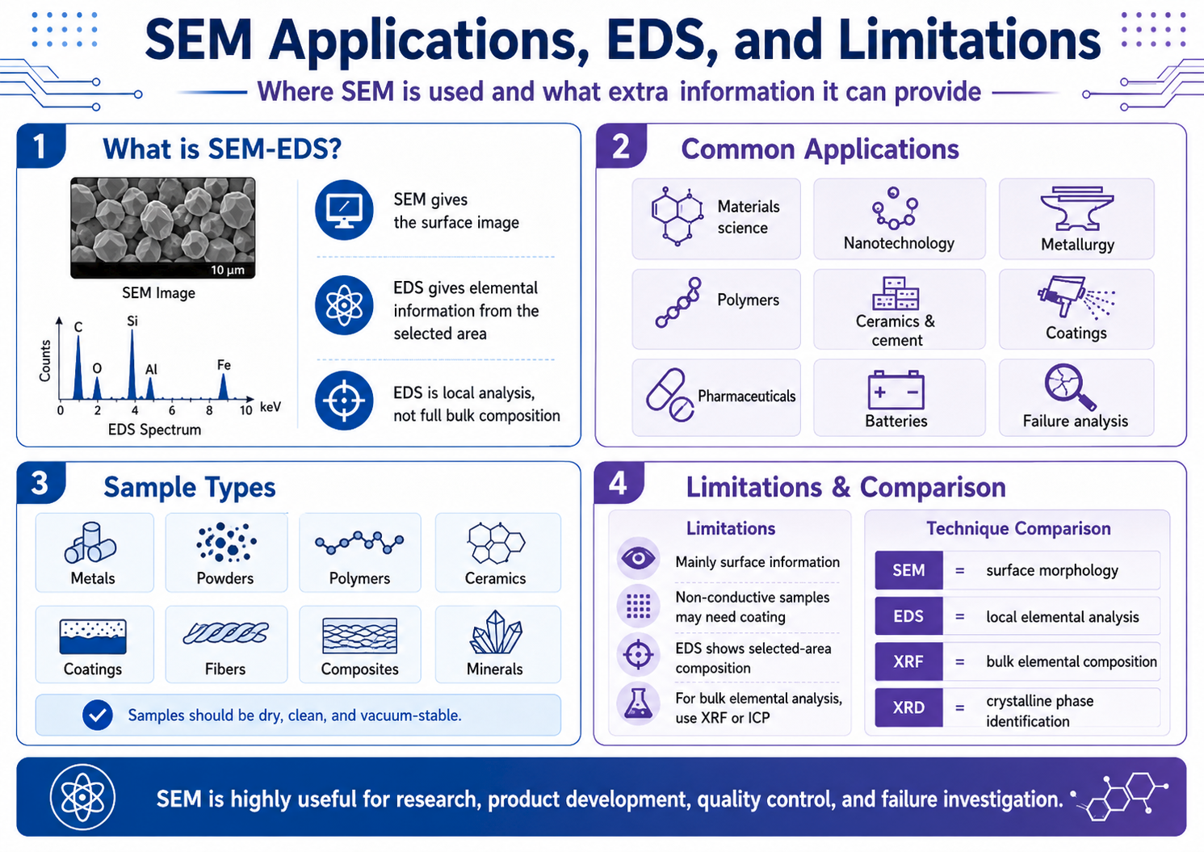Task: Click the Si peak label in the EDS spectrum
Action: [x=132, y=321]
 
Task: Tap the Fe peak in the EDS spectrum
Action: [x=223, y=387]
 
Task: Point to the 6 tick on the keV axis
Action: [x=172, y=411]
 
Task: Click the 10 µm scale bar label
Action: [x=228, y=270]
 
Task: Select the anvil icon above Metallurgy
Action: [x=1076, y=208]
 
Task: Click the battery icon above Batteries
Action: [x=896, y=390]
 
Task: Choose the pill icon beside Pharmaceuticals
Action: [x=669, y=395]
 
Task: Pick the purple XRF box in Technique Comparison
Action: [x=908, y=661]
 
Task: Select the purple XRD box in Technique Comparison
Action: [x=908, y=707]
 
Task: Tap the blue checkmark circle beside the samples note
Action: [x=97, y=715]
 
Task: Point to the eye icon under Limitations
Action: [x=638, y=559]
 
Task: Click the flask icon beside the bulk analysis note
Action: [x=638, y=704]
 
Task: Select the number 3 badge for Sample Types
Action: [x=40, y=483]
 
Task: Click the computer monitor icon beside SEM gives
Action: [x=344, y=210]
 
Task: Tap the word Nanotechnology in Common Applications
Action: [x=899, y=243]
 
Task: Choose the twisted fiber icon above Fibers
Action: [x=225, y=632]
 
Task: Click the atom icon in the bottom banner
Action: [x=82, y=796]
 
